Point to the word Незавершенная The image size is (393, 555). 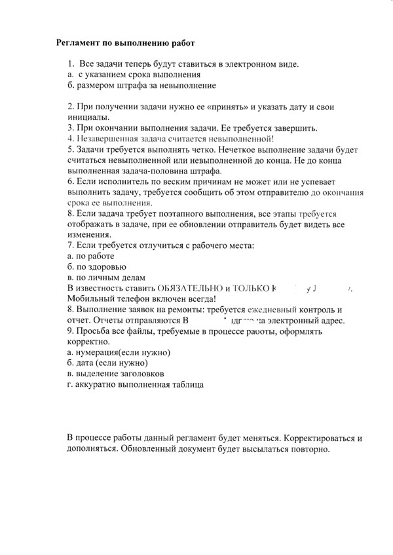coord(106,138)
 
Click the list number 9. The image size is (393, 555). coord(70,331)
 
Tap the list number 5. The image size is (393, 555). coord(70,149)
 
